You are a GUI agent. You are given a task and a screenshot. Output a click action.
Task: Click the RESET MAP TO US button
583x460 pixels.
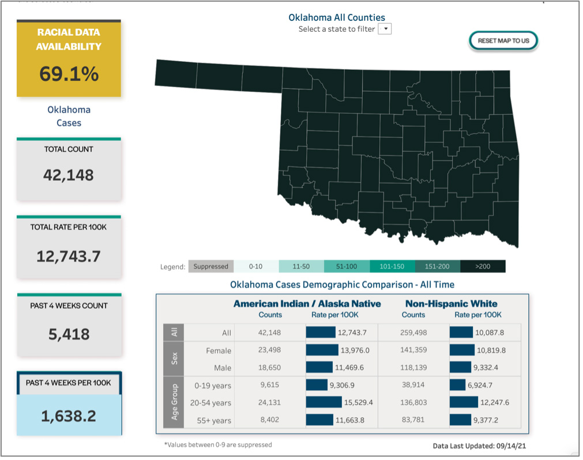pyautogui.click(x=503, y=41)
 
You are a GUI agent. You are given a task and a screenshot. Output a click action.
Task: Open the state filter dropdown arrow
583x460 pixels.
pyautogui.click(x=385, y=28)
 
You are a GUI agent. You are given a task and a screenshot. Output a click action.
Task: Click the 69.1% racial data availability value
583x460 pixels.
pyautogui.click(x=69, y=74)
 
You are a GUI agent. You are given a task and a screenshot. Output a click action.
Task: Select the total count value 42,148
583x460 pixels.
pyautogui.click(x=69, y=175)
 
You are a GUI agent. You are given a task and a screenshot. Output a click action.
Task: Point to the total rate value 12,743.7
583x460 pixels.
pyautogui.click(x=69, y=256)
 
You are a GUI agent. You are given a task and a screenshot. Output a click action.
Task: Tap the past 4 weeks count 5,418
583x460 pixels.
pyautogui.click(x=69, y=334)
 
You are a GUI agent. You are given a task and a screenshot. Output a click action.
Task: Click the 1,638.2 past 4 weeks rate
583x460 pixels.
pyautogui.click(x=69, y=416)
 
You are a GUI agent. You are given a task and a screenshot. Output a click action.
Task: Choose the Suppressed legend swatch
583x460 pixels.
pyautogui.click(x=211, y=267)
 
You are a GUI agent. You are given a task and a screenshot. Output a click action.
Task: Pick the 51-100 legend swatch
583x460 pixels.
pyautogui.click(x=347, y=267)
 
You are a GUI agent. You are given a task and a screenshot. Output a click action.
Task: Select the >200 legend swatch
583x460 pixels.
pyautogui.click(x=483, y=267)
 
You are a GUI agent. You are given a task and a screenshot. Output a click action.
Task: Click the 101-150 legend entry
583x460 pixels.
pyautogui.click(x=392, y=267)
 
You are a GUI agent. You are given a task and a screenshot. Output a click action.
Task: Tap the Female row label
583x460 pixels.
pyautogui.click(x=219, y=350)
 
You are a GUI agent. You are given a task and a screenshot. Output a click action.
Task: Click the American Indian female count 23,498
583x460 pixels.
pyautogui.click(x=270, y=350)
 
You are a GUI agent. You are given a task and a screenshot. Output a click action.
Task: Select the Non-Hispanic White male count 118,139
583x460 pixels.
pyautogui.click(x=413, y=368)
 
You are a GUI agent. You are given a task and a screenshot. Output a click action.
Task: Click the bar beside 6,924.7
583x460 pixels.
pyautogui.click(x=457, y=385)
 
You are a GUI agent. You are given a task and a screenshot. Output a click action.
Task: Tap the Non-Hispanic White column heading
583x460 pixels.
pyautogui.click(x=451, y=304)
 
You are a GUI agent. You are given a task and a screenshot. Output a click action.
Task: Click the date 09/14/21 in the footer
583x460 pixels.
pyautogui.click(x=512, y=446)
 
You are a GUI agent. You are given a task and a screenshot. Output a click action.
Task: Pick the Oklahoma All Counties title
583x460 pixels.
pyautogui.click(x=337, y=17)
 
